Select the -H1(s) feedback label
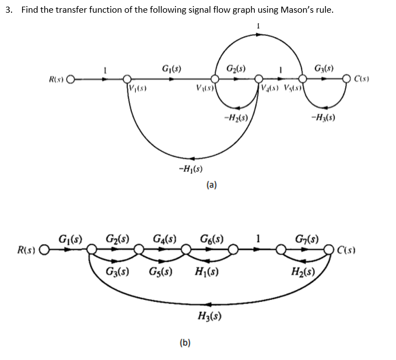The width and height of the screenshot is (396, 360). point(190,168)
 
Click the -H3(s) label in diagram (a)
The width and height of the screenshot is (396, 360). point(323,118)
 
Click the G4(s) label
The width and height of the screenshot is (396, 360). point(165,241)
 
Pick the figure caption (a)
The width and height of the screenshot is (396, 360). point(211,186)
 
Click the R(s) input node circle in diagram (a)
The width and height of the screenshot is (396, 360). point(70,80)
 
